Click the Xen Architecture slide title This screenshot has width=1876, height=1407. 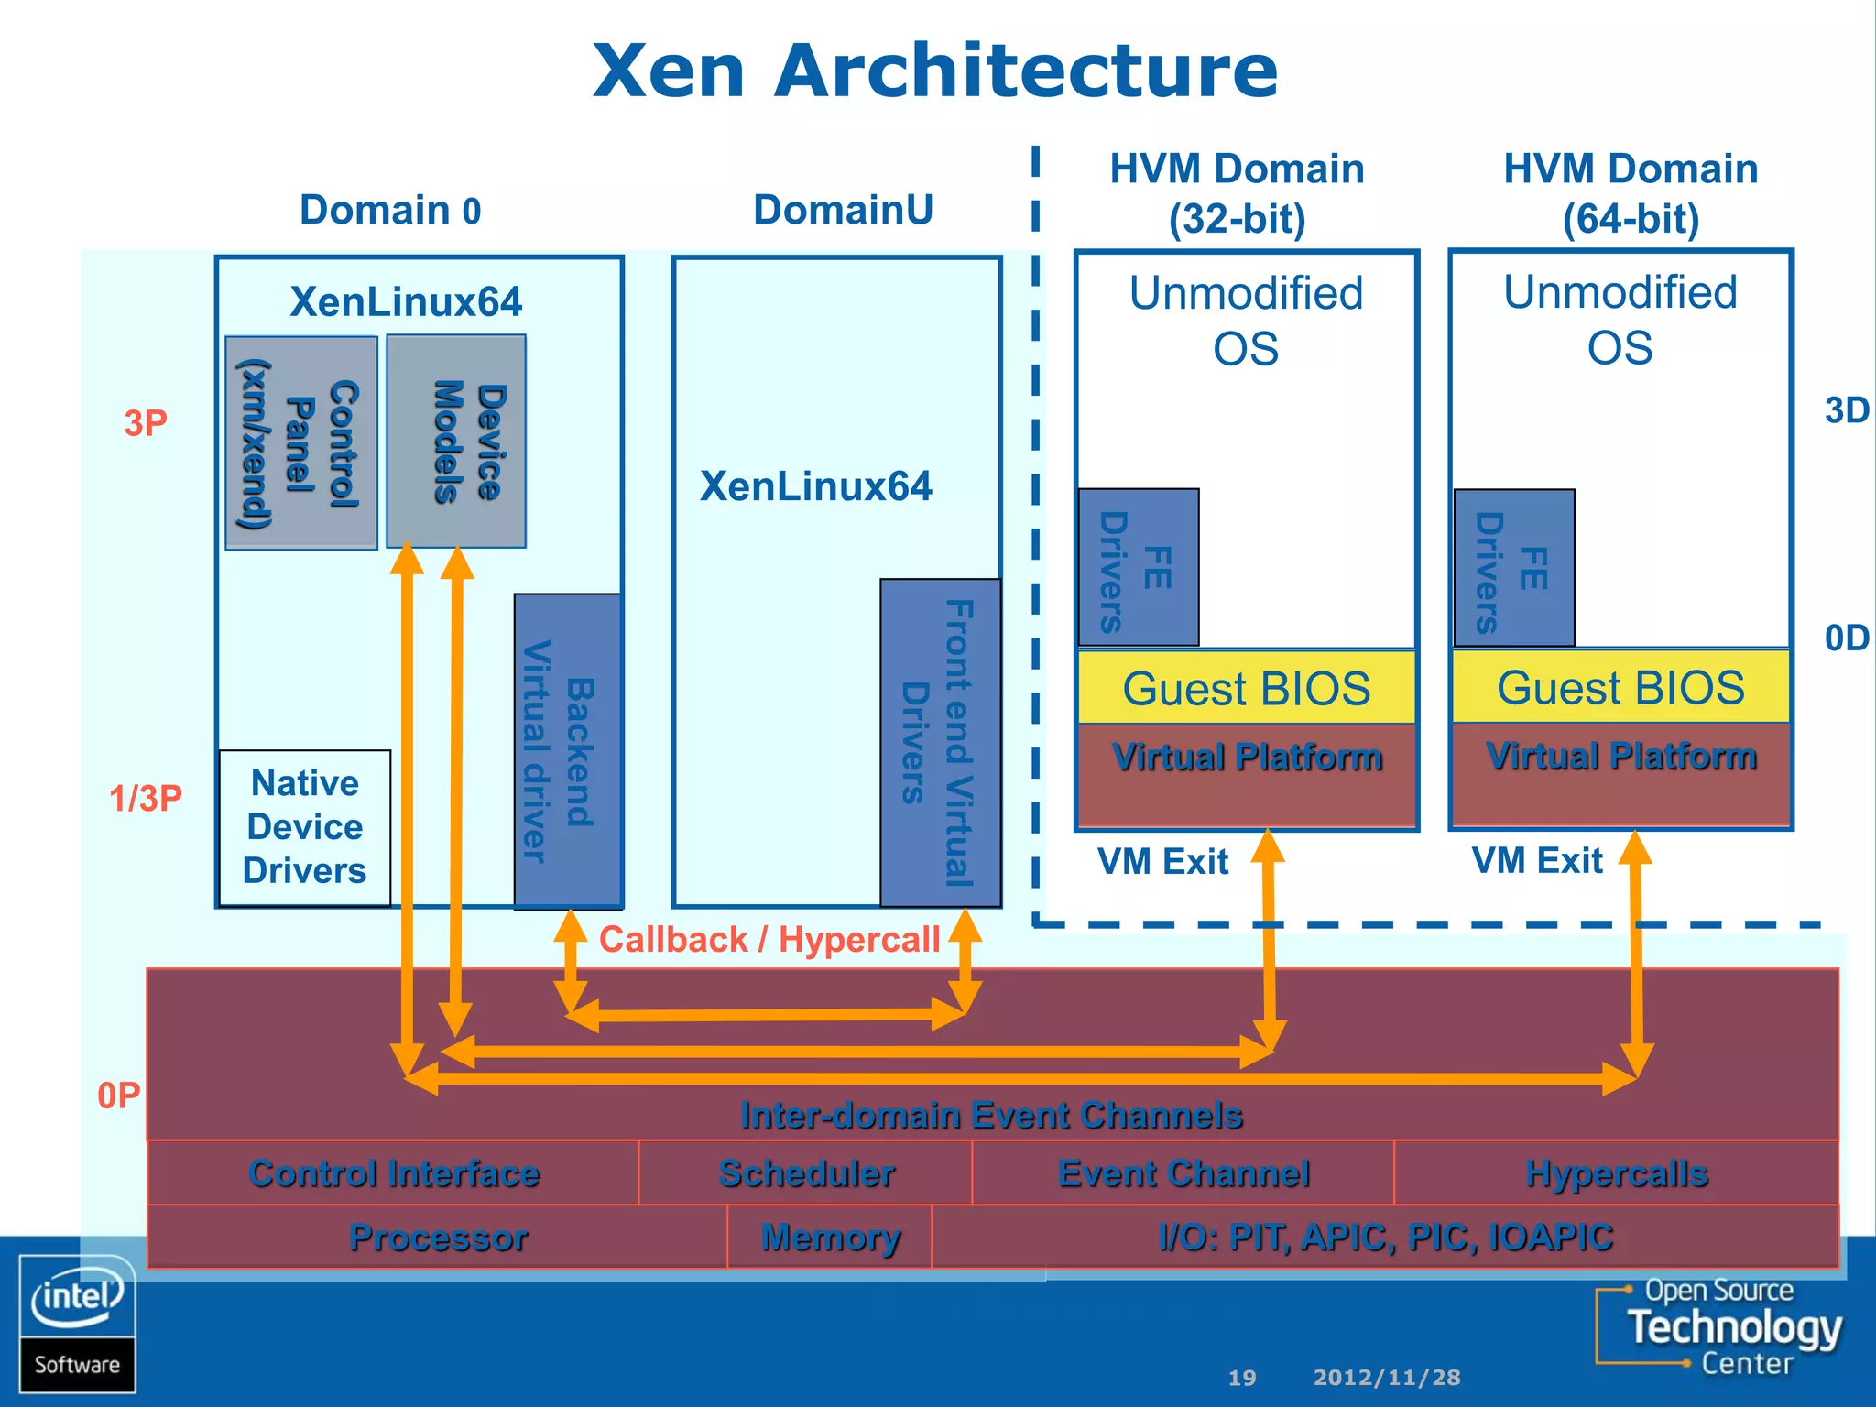(x=934, y=71)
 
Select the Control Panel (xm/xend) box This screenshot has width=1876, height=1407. (x=300, y=443)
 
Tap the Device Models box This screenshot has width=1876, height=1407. (x=456, y=442)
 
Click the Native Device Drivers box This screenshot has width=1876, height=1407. (x=305, y=827)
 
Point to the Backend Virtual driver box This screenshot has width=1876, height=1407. (x=568, y=750)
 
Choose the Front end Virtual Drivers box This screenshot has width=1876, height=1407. (x=940, y=742)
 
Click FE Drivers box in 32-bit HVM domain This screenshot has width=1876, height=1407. (x=1139, y=568)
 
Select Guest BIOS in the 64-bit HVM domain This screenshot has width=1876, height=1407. (x=1620, y=688)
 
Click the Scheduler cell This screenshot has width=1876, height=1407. (x=805, y=1173)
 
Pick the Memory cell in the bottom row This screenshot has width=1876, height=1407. (x=830, y=1238)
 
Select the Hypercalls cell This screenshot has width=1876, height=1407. (x=1616, y=1173)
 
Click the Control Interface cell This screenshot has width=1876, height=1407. (x=393, y=1173)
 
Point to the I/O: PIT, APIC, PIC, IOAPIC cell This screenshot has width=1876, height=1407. (x=1384, y=1238)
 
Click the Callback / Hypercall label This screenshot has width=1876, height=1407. (x=769, y=940)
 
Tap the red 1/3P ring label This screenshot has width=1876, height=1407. (x=146, y=799)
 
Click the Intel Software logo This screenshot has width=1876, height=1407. (x=77, y=1324)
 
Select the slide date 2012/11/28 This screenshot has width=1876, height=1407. (x=1387, y=1378)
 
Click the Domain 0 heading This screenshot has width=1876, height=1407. (x=390, y=211)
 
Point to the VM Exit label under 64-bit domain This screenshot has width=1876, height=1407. (x=1537, y=861)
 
